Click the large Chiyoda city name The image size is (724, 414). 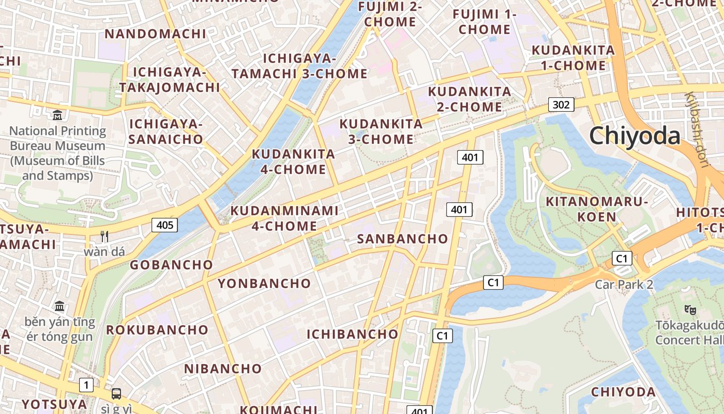pos(635,136)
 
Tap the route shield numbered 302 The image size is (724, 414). pos(561,105)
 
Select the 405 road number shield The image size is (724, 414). pos(164,225)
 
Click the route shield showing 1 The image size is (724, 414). pos(86,385)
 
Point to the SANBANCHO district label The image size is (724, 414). pos(402,239)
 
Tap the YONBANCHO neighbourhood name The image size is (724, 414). pos(264,284)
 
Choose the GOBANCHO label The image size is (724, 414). pos(171,265)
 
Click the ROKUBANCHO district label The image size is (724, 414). pos(157,330)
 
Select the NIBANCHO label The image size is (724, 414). pos(223,368)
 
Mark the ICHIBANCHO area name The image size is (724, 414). pos(353,334)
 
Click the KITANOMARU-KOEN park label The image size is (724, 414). pos(597,209)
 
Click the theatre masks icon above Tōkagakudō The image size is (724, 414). pos(689,309)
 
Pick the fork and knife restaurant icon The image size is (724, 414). pos(105,236)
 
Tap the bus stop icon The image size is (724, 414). pos(116,394)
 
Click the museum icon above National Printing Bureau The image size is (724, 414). pos(57,115)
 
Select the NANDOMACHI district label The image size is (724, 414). pos(155,34)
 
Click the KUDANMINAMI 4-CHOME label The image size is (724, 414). pos(284,218)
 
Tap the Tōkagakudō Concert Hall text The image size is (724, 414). pos(689,332)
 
